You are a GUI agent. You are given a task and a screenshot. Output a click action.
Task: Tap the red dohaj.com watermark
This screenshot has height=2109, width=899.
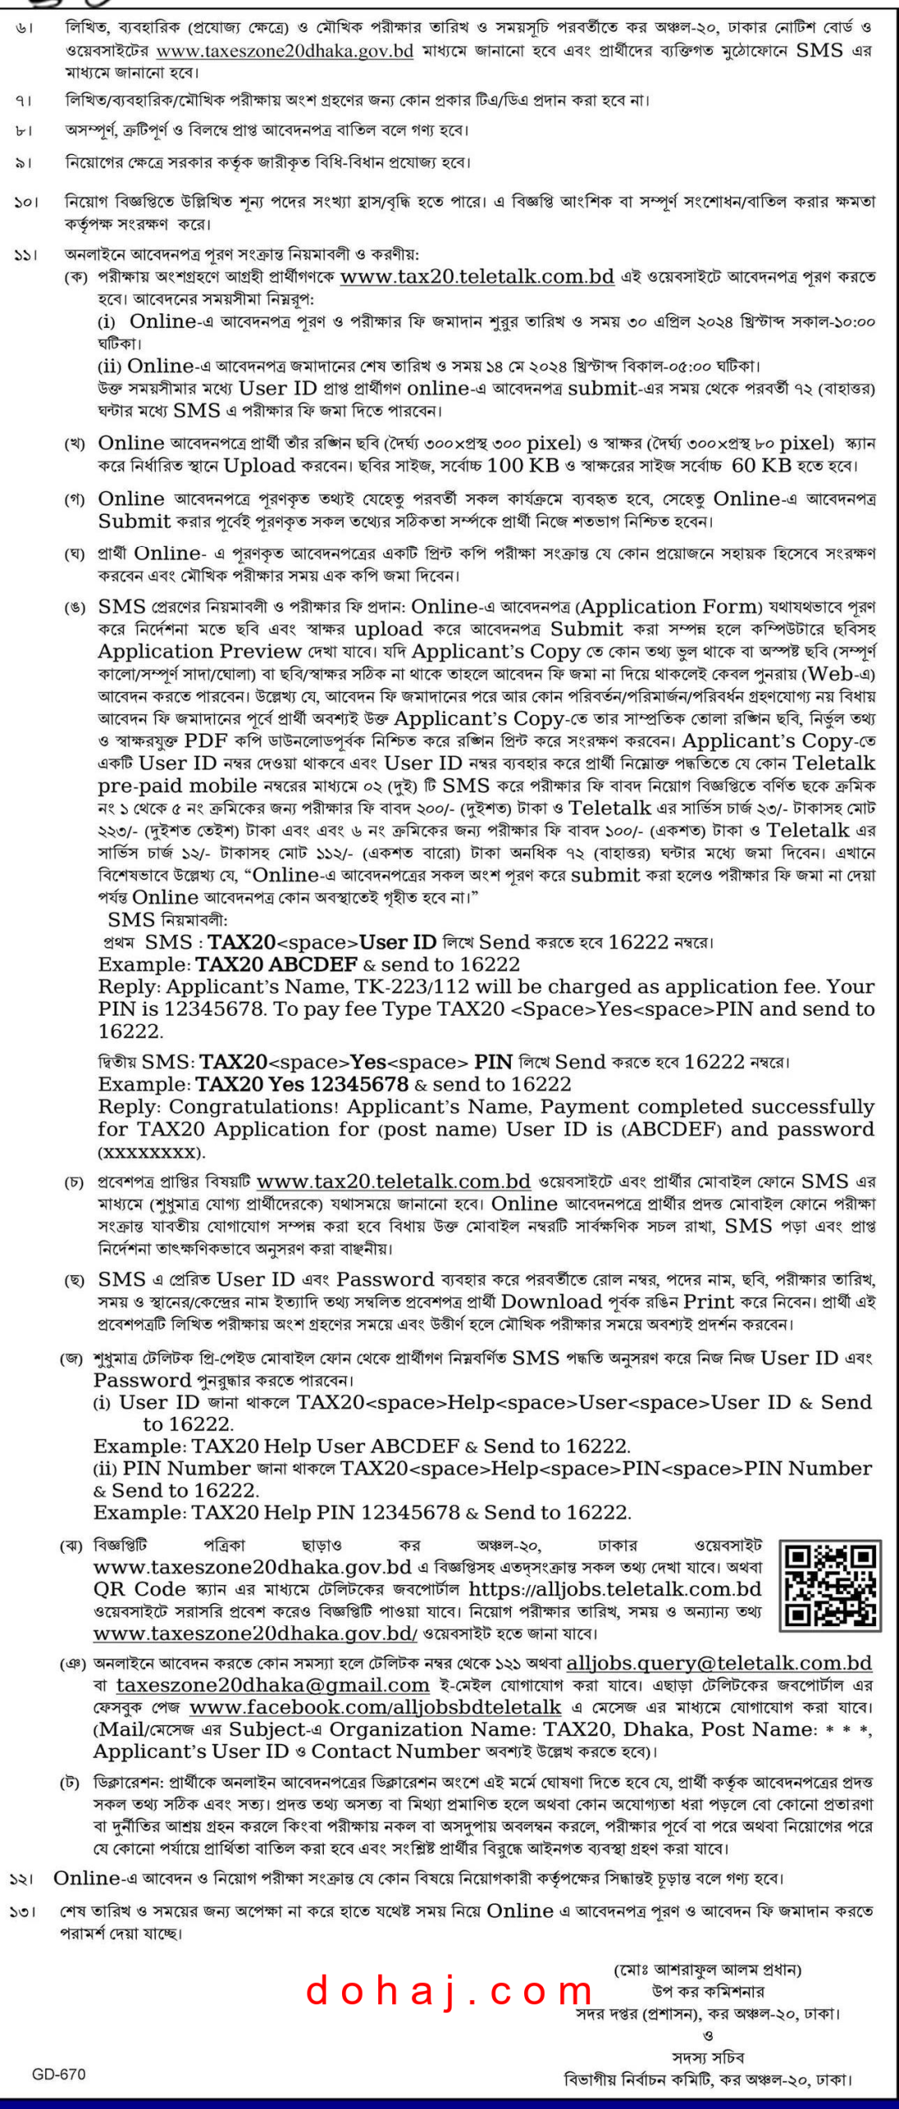449,1991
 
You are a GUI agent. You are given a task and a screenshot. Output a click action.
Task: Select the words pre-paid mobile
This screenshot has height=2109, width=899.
177,785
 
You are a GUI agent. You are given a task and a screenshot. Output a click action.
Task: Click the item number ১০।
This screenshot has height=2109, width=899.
26,202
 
